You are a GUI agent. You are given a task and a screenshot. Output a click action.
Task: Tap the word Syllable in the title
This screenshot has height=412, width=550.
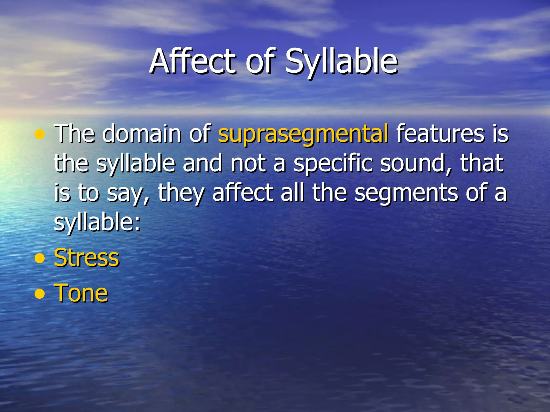coord(341,62)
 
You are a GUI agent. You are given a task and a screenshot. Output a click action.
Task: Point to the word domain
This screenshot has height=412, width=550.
coord(142,133)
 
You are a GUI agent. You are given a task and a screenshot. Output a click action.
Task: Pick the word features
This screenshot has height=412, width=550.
coord(441,133)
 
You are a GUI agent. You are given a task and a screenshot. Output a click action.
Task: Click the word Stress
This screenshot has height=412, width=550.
coord(86,258)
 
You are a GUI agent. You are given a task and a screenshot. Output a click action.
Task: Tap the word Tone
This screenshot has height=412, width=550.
coord(81,293)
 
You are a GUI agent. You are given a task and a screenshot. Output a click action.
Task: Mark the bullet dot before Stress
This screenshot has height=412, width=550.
coord(40,259)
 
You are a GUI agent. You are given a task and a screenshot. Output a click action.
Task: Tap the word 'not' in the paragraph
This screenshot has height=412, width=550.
coord(248,164)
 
